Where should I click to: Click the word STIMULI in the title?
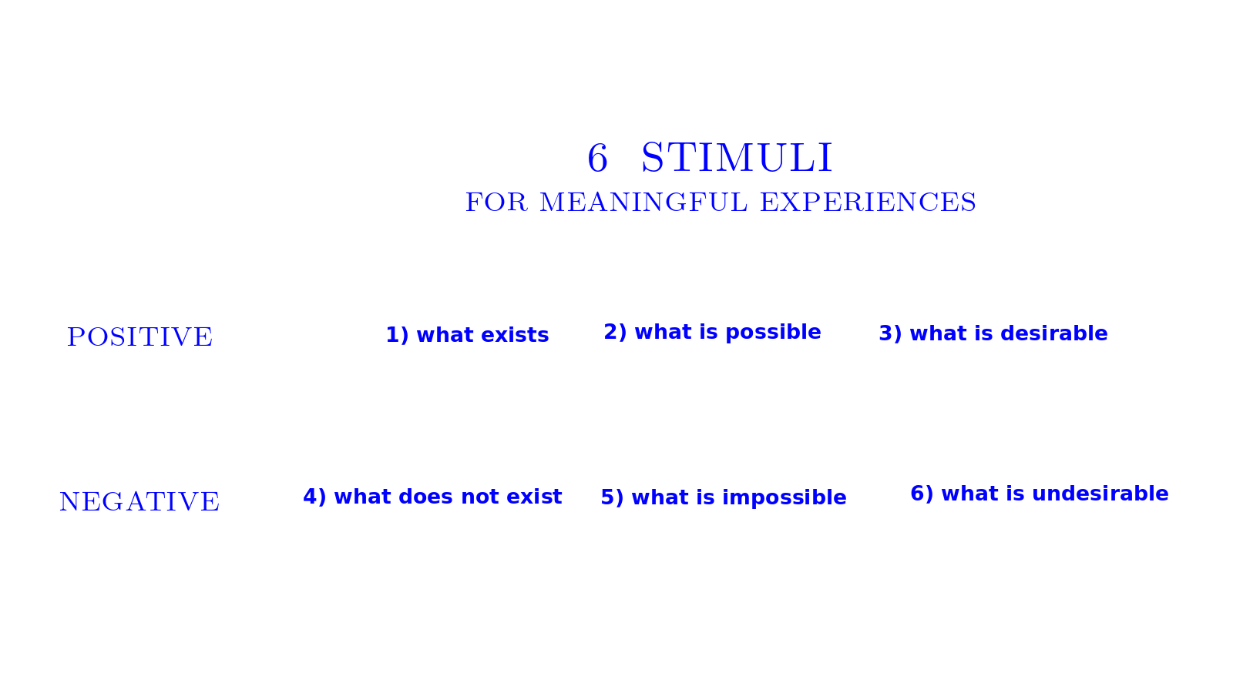pyautogui.click(x=737, y=158)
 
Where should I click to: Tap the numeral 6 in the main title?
pyautogui.click(x=598, y=159)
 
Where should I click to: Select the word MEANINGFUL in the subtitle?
pyautogui.click(x=644, y=203)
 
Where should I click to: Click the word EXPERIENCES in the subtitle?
pyautogui.click(x=868, y=203)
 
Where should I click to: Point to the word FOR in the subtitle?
pyautogui.click(x=496, y=203)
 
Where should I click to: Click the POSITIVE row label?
pyautogui.click(x=139, y=336)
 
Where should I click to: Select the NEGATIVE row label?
pyautogui.click(x=139, y=501)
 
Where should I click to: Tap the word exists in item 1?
pyautogui.click(x=516, y=335)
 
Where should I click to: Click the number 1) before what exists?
pyautogui.click(x=398, y=335)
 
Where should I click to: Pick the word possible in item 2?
pyautogui.click(x=774, y=333)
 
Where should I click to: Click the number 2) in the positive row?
pyautogui.click(x=616, y=332)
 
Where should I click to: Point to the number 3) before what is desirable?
pyautogui.click(x=891, y=334)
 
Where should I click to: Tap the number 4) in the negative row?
pyautogui.click(x=315, y=497)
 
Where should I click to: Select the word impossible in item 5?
pyautogui.click(x=784, y=497)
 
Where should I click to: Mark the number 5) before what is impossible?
pyautogui.click(x=612, y=497)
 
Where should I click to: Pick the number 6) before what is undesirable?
pyautogui.click(x=922, y=494)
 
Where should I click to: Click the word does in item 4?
pyautogui.click(x=426, y=497)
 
